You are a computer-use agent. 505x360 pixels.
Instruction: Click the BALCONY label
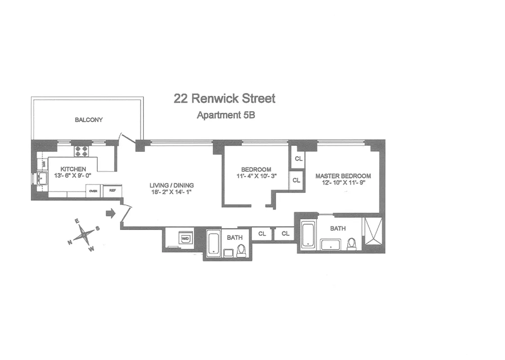point(89,120)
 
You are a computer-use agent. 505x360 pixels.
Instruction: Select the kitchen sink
point(41,179)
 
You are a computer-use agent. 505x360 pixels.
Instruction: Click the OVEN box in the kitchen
point(93,191)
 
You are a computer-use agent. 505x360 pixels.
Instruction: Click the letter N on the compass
point(70,243)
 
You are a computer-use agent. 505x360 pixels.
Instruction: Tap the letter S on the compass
point(98,228)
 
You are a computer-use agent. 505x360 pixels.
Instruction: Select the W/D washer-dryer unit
point(185,237)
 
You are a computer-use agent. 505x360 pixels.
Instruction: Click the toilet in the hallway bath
point(242,250)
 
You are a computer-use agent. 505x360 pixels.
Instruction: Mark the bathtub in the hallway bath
point(213,243)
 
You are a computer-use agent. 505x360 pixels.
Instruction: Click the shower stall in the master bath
point(373,231)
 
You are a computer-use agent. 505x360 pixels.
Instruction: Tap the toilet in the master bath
point(352,243)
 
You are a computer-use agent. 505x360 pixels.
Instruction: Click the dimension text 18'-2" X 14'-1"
point(172,192)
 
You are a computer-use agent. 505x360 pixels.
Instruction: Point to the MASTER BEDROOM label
point(343,176)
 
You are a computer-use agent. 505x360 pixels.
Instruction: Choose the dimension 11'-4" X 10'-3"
point(255,176)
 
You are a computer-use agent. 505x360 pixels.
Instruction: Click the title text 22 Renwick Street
point(224,98)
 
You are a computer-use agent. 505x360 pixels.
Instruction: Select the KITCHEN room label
point(73,169)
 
